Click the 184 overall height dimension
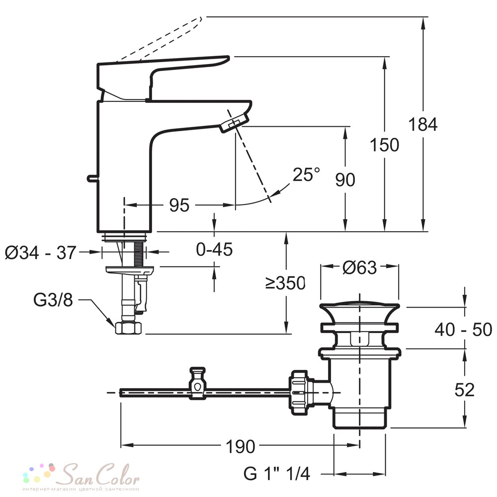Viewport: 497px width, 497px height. click(x=423, y=124)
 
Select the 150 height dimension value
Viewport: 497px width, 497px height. click(x=385, y=145)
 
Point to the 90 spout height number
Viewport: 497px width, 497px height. click(x=345, y=180)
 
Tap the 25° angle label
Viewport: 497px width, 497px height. click(x=306, y=174)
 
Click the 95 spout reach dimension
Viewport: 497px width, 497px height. click(x=179, y=205)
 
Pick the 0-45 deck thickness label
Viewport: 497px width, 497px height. click(x=214, y=249)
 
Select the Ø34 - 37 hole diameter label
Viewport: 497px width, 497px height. click(x=41, y=252)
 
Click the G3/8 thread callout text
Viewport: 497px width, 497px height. click(x=53, y=300)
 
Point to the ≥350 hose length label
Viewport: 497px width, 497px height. click(x=286, y=283)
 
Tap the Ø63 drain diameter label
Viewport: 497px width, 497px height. click(x=359, y=268)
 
